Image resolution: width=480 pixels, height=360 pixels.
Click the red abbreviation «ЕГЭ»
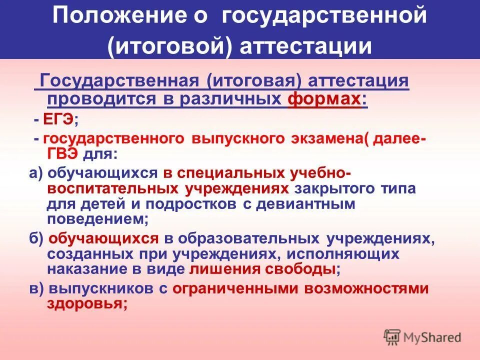pos(57,119)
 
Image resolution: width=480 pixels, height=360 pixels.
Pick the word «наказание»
pos(90,269)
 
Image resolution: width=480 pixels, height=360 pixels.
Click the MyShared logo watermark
pos(422,337)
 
